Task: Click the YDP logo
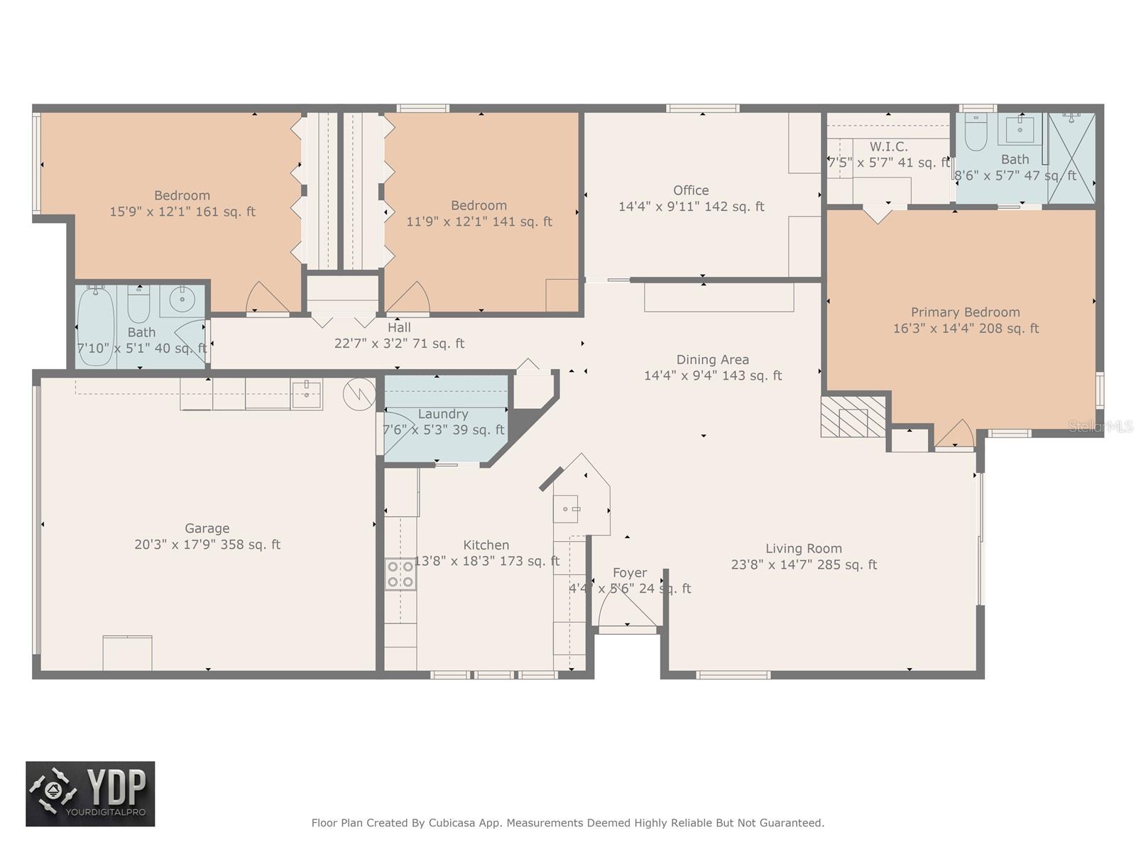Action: point(90,794)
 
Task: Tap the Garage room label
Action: point(207,528)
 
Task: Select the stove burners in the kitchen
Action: point(400,574)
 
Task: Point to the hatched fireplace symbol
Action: point(853,416)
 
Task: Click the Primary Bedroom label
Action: point(965,312)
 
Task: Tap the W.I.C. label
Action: point(888,146)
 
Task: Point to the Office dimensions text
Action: point(691,207)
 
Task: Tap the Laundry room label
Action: point(443,414)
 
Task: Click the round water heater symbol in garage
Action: point(359,395)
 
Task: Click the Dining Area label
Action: point(712,360)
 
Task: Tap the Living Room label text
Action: point(804,549)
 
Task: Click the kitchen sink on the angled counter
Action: point(568,508)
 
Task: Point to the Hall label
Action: point(399,328)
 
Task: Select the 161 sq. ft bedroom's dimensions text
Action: point(182,212)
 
